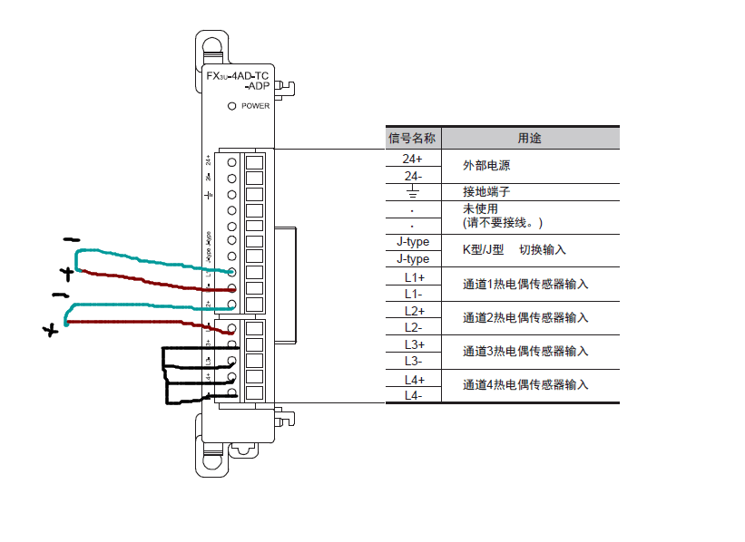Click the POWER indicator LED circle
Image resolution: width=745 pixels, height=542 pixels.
pos(231,106)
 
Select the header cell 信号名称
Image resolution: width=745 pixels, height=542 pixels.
pos(412,139)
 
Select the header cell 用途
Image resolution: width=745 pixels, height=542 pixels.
pos(529,139)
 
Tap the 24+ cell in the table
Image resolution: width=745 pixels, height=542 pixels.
pos(412,159)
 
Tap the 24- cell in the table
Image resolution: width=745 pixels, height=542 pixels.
pos(412,176)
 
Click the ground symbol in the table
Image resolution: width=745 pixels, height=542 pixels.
pos(412,192)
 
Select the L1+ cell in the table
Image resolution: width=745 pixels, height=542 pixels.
pos(413,276)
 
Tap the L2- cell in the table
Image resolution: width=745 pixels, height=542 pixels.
pos(413,327)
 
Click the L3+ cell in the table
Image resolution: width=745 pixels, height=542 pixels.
pos(413,344)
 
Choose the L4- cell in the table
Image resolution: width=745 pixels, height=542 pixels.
pos(413,395)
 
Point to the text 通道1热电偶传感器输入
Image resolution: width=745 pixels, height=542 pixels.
pos(525,285)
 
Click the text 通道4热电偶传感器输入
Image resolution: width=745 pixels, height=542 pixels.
pos(525,385)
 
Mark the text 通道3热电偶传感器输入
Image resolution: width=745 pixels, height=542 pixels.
pos(525,352)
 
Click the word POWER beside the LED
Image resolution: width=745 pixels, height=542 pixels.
pos(256,106)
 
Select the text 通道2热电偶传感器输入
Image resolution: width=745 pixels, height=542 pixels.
pos(525,318)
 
